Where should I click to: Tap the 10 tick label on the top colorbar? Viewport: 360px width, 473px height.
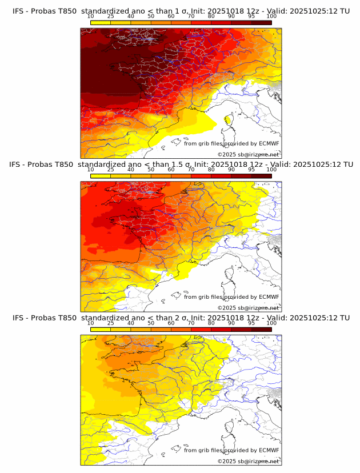(91, 17)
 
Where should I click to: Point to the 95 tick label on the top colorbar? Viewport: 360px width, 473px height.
(251, 17)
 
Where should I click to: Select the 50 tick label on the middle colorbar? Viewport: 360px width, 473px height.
(151, 170)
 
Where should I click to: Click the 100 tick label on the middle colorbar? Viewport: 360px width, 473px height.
(271, 170)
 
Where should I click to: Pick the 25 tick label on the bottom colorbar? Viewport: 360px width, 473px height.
(111, 323)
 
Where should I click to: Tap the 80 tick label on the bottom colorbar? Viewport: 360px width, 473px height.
(211, 323)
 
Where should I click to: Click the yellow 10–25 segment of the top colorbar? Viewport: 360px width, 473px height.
(101, 22)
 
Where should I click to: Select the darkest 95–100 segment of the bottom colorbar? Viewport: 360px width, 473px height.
(261, 329)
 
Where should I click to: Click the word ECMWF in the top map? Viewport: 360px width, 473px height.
(269, 144)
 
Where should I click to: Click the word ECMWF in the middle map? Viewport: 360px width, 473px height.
(269, 297)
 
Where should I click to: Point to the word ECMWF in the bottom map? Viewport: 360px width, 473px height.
(269, 450)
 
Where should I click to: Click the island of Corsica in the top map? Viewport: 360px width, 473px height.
(229, 120)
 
